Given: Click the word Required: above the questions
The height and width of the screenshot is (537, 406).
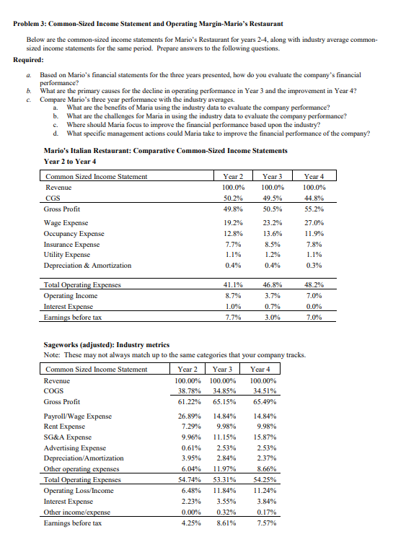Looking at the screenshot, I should [x=29, y=61].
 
